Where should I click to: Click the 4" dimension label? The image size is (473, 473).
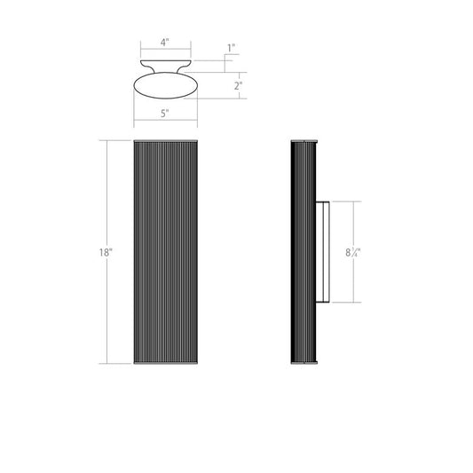pos(164,43)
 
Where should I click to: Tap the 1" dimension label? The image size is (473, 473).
pos(231,48)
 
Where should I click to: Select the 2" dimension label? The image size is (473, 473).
pos(238,86)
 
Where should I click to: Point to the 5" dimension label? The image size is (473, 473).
pos(165,114)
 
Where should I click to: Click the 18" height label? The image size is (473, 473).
pos(106,252)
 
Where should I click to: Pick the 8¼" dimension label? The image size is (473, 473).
pos(353,252)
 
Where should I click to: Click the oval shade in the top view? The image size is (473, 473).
pos(166,86)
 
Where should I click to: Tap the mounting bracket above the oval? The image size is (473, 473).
pos(166,66)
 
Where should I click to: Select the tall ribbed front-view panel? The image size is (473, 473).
pos(166,252)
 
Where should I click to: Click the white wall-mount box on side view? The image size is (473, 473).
pos(322,252)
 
